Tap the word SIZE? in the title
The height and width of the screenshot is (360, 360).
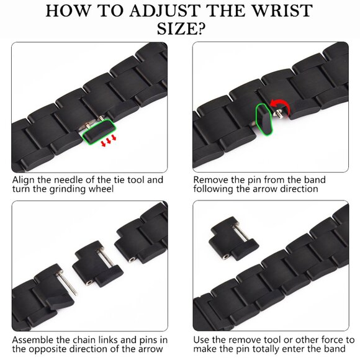(181, 29)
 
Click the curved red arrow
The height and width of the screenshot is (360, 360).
(280, 106)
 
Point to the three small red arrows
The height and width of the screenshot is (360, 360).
(109, 140)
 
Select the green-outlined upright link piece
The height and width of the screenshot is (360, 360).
(264, 119)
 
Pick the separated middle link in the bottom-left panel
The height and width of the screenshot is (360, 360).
(98, 264)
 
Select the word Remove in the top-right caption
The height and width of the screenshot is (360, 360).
(211, 180)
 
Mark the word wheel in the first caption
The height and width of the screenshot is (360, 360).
(101, 189)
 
